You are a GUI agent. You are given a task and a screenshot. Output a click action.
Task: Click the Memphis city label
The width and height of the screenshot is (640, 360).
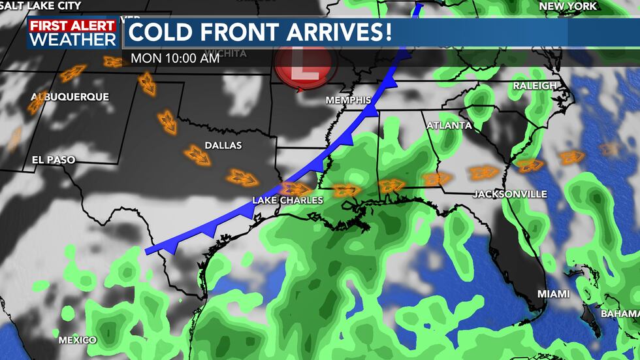pyautogui.click(x=349, y=100)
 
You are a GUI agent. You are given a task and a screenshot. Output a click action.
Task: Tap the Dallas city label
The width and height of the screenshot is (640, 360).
pyautogui.click(x=223, y=145)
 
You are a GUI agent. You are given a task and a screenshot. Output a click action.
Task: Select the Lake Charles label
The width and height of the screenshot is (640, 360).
pyautogui.click(x=288, y=200)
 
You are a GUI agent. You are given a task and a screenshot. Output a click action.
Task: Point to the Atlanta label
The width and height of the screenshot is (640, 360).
pyautogui.click(x=449, y=125)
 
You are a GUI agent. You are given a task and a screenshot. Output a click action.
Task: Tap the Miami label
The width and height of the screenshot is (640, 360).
pyautogui.click(x=553, y=294)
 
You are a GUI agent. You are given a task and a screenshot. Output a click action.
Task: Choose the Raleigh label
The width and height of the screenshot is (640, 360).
pyautogui.click(x=535, y=86)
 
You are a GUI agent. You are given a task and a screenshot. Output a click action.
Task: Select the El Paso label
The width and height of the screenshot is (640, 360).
pyautogui.click(x=54, y=159)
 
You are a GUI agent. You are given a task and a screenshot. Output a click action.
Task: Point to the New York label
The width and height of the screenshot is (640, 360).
pyautogui.click(x=568, y=6)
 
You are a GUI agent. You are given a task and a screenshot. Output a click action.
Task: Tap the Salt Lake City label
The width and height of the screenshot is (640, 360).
pyautogui.click(x=40, y=5)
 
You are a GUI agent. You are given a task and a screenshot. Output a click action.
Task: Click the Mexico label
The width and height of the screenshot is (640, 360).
pyautogui.click(x=78, y=340)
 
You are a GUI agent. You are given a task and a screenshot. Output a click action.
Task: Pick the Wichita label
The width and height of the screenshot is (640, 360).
pyautogui.click(x=226, y=54)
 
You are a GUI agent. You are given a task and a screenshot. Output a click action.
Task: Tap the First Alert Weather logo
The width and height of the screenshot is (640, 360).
pyautogui.click(x=72, y=33)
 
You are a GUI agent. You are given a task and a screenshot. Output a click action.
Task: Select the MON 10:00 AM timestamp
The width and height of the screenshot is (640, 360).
pyautogui.click(x=175, y=57)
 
